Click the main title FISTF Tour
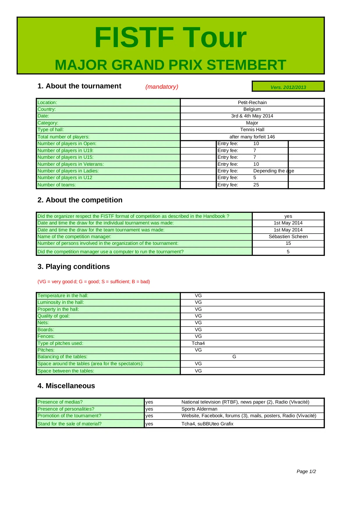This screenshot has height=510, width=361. (x=170, y=38)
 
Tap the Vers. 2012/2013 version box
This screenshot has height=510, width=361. (x=288, y=87)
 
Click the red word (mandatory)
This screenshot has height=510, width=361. (x=162, y=87)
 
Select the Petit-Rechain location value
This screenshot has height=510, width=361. (x=252, y=102)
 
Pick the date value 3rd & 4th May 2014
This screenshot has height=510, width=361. (x=252, y=116)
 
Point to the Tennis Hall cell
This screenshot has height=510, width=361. (x=252, y=129)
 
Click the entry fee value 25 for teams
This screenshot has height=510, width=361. (x=256, y=185)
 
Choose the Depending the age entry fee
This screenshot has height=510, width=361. (x=273, y=171)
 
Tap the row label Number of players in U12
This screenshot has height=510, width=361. (x=65, y=177)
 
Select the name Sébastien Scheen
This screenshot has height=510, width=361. (x=288, y=236)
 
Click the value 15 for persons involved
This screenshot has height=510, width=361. (x=288, y=243)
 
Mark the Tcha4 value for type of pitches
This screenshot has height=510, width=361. (x=198, y=343)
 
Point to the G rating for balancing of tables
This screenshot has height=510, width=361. (x=234, y=356)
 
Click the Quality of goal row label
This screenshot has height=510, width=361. (x=54, y=316)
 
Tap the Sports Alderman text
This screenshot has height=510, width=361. (x=199, y=409)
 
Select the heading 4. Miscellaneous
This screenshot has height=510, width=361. (x=66, y=386)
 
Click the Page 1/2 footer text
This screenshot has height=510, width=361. (x=306, y=471)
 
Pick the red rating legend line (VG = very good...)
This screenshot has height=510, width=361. (x=94, y=281)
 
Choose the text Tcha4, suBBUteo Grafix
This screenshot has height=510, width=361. (x=207, y=424)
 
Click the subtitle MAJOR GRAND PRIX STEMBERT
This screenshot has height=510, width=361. (x=170, y=65)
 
